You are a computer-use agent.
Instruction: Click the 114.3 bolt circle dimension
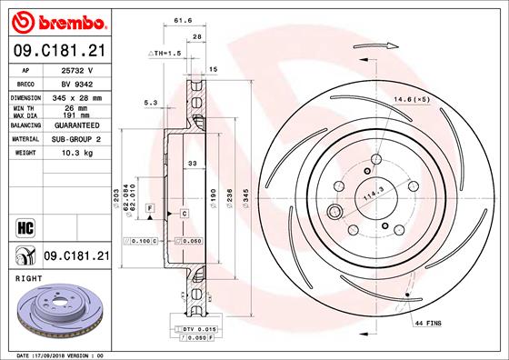pos(372,193)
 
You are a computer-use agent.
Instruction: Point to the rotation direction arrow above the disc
pos(385,44)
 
